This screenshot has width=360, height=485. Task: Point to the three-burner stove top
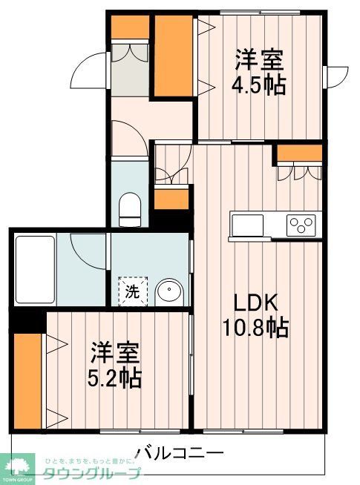click(302, 223)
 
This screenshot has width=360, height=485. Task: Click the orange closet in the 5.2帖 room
click(27, 380)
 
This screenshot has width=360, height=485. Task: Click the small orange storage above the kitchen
click(300, 154)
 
